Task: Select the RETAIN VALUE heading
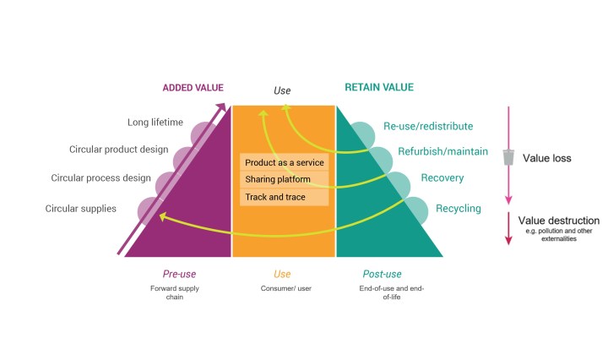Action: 378,87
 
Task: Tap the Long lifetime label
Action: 155,123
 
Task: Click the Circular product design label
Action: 119,150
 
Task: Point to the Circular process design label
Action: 100,178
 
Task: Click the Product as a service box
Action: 284,162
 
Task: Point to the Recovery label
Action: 443,179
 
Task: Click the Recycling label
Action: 459,208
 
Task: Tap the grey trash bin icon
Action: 508,157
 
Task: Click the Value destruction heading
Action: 558,219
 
